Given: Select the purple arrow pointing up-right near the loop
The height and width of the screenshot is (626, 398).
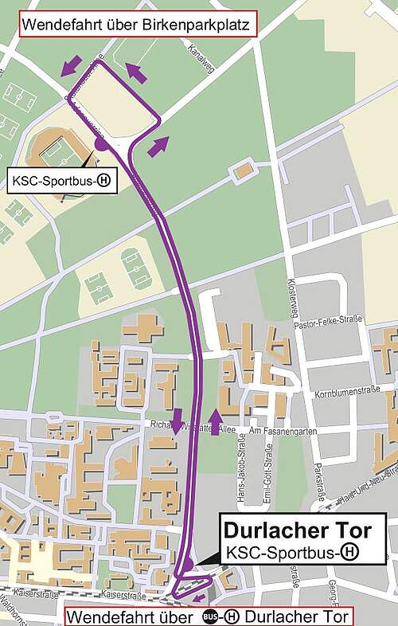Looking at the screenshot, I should [x=158, y=145].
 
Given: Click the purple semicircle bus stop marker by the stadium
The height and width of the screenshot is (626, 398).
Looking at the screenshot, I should [x=102, y=143].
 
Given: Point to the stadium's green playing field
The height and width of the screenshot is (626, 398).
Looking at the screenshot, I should [x=55, y=151].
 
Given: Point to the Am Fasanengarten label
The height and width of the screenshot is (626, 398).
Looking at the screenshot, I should [x=278, y=430].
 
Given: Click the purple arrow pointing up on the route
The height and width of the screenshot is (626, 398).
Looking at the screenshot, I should [x=214, y=418].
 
